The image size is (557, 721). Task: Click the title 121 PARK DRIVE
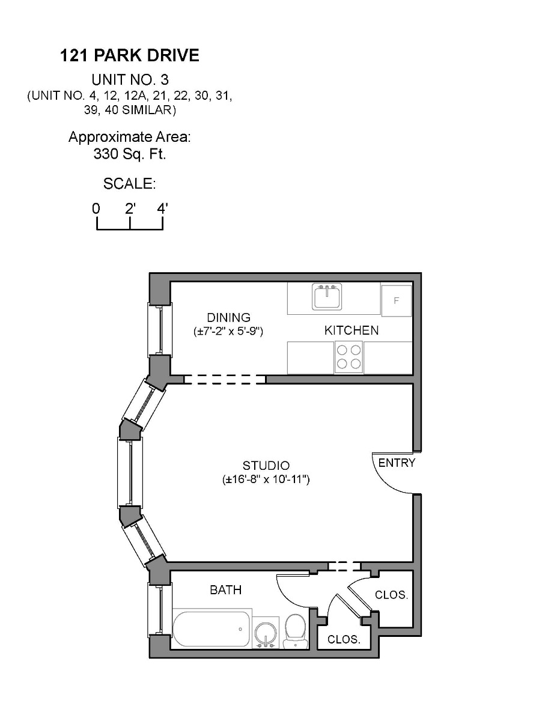pos(129,56)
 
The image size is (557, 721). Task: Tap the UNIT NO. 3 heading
pos(129,79)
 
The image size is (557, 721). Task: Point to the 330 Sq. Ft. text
pos(129,154)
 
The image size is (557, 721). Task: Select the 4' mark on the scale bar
pos(162,209)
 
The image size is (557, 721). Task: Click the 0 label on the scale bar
pos(96,209)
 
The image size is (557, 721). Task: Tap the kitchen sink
pos(326,297)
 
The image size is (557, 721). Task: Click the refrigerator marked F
pos(396,300)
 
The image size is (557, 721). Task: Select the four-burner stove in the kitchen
pos(349,357)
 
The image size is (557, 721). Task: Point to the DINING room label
pos(228,317)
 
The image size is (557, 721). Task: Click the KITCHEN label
pos(352,330)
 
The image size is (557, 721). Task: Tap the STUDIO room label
pos(266,466)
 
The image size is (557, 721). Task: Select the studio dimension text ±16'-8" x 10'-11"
pos(266,479)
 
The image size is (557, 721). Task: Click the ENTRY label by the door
pos(397,463)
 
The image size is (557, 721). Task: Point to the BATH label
pos(225,590)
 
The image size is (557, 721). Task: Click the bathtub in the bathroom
pos(212,629)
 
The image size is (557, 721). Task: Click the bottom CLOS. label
pos(344,640)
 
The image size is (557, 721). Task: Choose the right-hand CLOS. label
pos(391,595)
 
